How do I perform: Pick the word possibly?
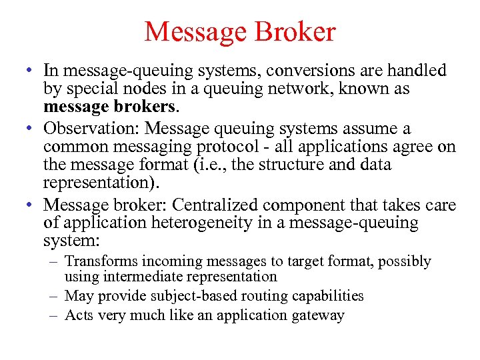tap(404, 261)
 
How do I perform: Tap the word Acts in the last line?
tap(79, 315)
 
